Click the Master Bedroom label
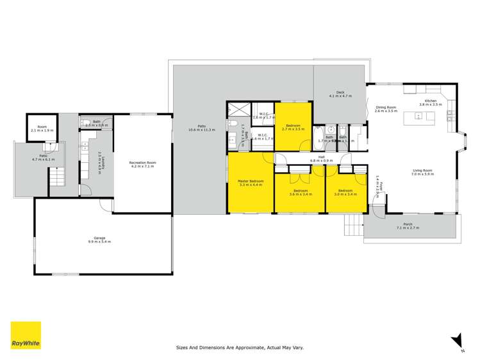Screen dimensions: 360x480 point(250,182)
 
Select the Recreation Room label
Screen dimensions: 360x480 point(143,163)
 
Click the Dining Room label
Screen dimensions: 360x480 point(386,108)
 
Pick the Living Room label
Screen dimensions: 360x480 point(422,170)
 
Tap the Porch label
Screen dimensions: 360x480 point(408,225)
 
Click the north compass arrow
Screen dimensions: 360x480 point(457,340)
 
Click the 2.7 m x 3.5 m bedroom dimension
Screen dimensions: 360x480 point(294,129)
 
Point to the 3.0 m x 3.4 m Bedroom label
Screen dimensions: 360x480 point(345,190)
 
